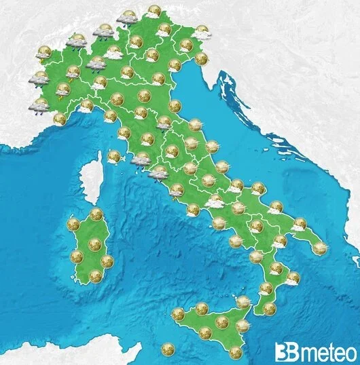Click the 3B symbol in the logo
point(284,352)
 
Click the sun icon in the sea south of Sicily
point(166,350)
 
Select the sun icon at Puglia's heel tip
point(319,248)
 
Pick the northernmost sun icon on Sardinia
point(96,214)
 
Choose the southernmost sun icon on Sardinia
point(95,275)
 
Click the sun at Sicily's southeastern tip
point(236,352)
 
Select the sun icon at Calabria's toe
point(269,309)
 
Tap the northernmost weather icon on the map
point(154,11)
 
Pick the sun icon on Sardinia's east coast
point(107,261)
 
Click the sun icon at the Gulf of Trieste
point(202,58)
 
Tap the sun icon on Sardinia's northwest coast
point(73,224)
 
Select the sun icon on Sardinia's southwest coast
point(77,256)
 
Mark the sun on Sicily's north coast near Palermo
point(201,309)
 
